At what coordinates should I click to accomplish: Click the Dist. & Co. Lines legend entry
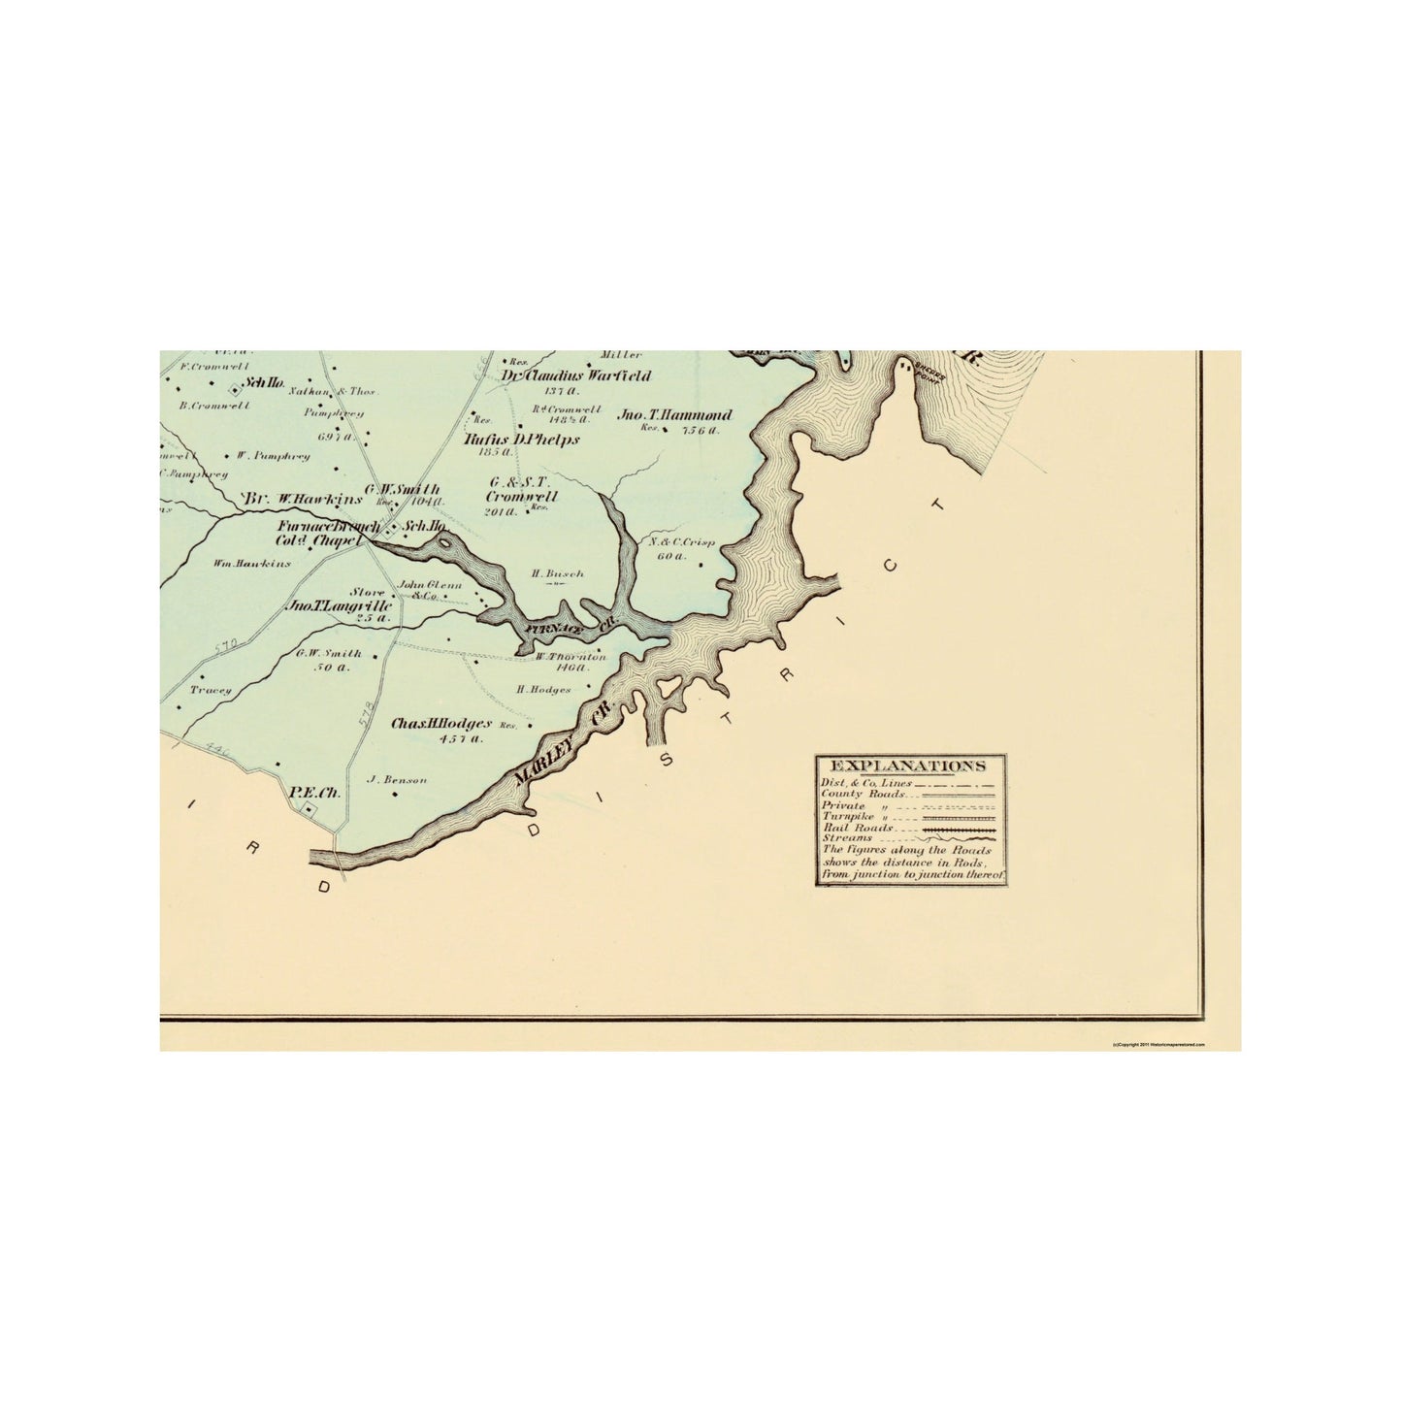click(x=865, y=783)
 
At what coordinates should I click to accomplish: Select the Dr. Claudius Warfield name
click(x=576, y=376)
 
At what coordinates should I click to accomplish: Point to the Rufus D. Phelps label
click(x=522, y=440)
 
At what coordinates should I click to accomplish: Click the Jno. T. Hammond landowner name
click(x=675, y=414)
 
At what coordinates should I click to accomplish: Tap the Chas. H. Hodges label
click(x=442, y=724)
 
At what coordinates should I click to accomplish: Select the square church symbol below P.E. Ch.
click(x=309, y=809)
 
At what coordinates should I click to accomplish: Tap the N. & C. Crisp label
click(x=681, y=542)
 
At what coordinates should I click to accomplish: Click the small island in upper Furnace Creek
click(x=444, y=544)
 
